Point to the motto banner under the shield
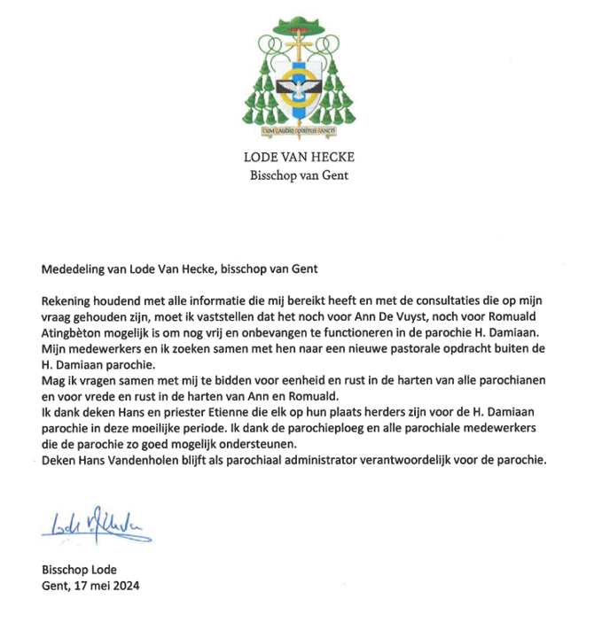[x=296, y=130]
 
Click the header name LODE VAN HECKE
[x=296, y=158]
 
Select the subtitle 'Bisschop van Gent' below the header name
[x=296, y=175]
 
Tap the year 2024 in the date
[x=126, y=586]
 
